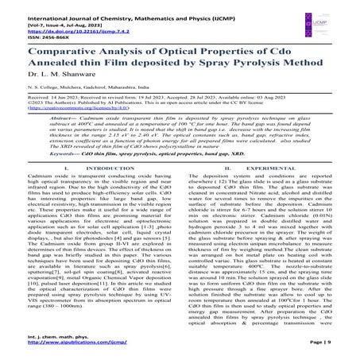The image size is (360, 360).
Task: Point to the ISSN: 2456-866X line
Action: tap(34, 39)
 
